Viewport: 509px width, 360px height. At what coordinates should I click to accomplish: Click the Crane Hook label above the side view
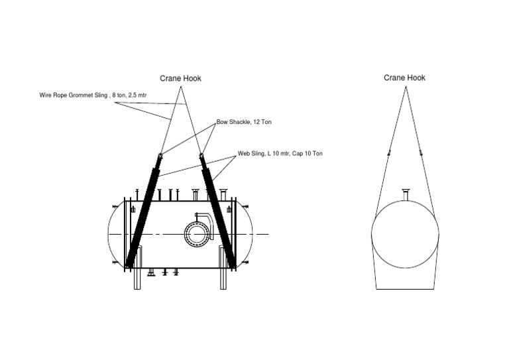coord(180,79)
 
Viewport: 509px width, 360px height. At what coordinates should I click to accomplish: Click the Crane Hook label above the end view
coord(404,78)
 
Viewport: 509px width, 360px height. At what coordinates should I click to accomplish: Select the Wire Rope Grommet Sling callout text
coord(93,95)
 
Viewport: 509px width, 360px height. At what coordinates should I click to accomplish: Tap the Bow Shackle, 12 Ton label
coord(244,123)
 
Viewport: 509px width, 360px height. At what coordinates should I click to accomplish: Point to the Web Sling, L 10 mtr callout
coord(280,154)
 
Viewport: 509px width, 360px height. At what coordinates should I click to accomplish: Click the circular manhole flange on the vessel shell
coord(197,233)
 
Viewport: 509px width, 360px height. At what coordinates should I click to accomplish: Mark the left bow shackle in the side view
coord(160,156)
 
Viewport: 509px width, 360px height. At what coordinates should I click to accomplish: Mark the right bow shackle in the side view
coord(201,156)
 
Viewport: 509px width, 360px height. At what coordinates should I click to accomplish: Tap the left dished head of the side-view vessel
coord(114,233)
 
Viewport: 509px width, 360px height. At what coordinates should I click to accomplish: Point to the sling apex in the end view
coord(406,87)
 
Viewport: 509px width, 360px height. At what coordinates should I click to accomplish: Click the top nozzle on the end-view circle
coord(406,195)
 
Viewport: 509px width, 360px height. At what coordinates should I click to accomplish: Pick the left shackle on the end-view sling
coord(389,153)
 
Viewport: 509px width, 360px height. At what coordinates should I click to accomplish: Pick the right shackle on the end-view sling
coord(421,153)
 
